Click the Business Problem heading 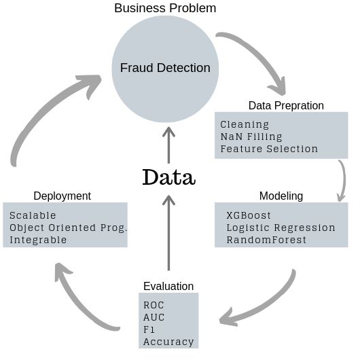pos(165,8)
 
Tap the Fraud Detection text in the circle pos(165,68)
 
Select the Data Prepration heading pos(286,105)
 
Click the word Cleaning pos(245,124)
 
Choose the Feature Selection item pos(269,149)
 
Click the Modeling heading pos(281,196)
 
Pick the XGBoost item pos(249,215)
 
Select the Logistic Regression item pos(281,228)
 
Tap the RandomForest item pos(266,240)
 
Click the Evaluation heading pos(168,286)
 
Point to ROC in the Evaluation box pos(154,305)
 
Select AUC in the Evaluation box pos(154,317)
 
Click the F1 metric pos(149,329)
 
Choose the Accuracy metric pos(168,342)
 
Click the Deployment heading pos(62,196)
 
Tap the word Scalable pos(33,215)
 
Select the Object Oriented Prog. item pos(69,228)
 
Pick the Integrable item pos(38,240)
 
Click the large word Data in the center pos(168,177)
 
